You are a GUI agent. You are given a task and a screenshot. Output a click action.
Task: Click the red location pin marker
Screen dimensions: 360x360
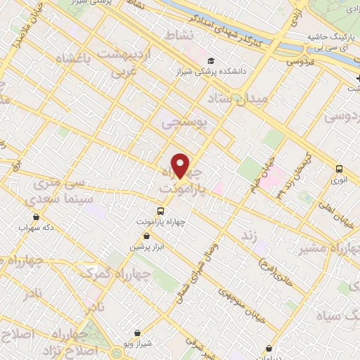click(x=181, y=165)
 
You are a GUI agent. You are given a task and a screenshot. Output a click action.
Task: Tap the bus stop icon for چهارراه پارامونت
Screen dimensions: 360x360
click(x=160, y=211)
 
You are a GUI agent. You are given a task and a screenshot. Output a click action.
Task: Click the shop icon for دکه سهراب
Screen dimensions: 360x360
click(x=36, y=217)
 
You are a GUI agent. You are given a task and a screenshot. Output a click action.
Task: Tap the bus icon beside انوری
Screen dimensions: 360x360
click(x=340, y=169)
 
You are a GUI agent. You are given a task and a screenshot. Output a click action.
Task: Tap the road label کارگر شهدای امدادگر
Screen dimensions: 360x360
click(x=236, y=21)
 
